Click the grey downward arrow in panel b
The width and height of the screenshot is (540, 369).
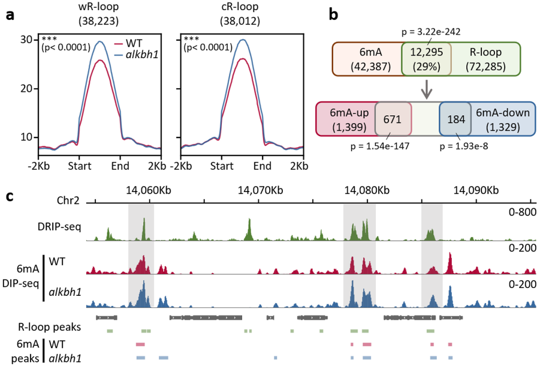click(427, 88)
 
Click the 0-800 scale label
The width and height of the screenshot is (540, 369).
click(522, 212)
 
